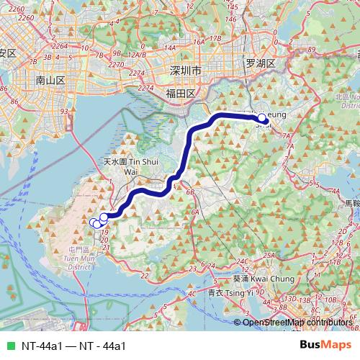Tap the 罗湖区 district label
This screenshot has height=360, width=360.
261,63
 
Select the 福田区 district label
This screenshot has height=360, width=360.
180,94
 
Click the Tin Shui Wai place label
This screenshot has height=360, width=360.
130,166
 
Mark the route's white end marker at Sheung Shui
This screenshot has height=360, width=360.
261,118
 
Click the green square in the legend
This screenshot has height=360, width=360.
10,346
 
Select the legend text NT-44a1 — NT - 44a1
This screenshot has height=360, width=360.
73,346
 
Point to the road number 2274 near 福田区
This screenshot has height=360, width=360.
145,88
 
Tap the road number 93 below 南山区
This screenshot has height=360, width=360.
64,112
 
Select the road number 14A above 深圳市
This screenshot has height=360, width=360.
170,48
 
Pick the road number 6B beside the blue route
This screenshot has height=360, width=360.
191,192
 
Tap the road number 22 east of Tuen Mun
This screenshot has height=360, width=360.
144,275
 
